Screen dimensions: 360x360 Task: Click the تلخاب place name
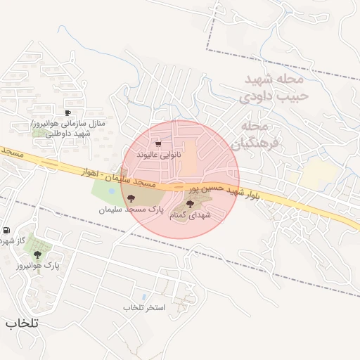tap(22, 323)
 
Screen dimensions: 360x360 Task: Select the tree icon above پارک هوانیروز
tap(37, 255)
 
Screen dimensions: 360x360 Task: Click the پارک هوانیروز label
tap(37, 266)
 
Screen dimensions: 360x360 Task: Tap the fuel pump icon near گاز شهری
tap(6, 230)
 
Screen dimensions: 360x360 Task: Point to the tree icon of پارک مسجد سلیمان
tap(131, 199)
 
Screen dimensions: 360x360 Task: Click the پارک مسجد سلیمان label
tap(131, 210)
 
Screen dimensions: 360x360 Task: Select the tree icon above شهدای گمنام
tap(189, 204)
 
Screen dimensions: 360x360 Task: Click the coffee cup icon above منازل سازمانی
tap(67, 112)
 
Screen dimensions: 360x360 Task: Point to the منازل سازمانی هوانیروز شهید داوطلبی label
tap(68, 128)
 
